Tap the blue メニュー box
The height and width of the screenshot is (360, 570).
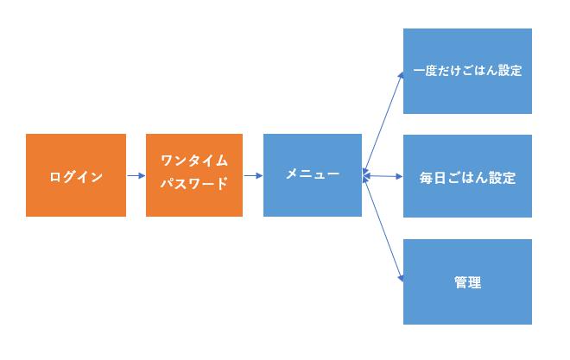pos(312,194)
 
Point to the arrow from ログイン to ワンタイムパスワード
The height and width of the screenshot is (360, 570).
pos(136,176)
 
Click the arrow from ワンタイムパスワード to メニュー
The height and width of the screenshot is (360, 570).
pos(253,176)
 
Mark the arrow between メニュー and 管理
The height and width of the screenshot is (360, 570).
pos(383,228)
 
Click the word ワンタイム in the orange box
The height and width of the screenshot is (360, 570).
pos(194,161)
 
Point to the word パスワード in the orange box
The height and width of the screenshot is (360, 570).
pos(194,183)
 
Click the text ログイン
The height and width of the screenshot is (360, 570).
pos(76,177)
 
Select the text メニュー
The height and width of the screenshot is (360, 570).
pos(312,174)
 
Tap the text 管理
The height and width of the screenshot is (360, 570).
pos(467,282)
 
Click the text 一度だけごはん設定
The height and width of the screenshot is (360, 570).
pos(467,71)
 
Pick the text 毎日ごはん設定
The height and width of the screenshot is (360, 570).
pos(467,179)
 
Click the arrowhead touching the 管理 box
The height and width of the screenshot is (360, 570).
pos(401,279)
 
